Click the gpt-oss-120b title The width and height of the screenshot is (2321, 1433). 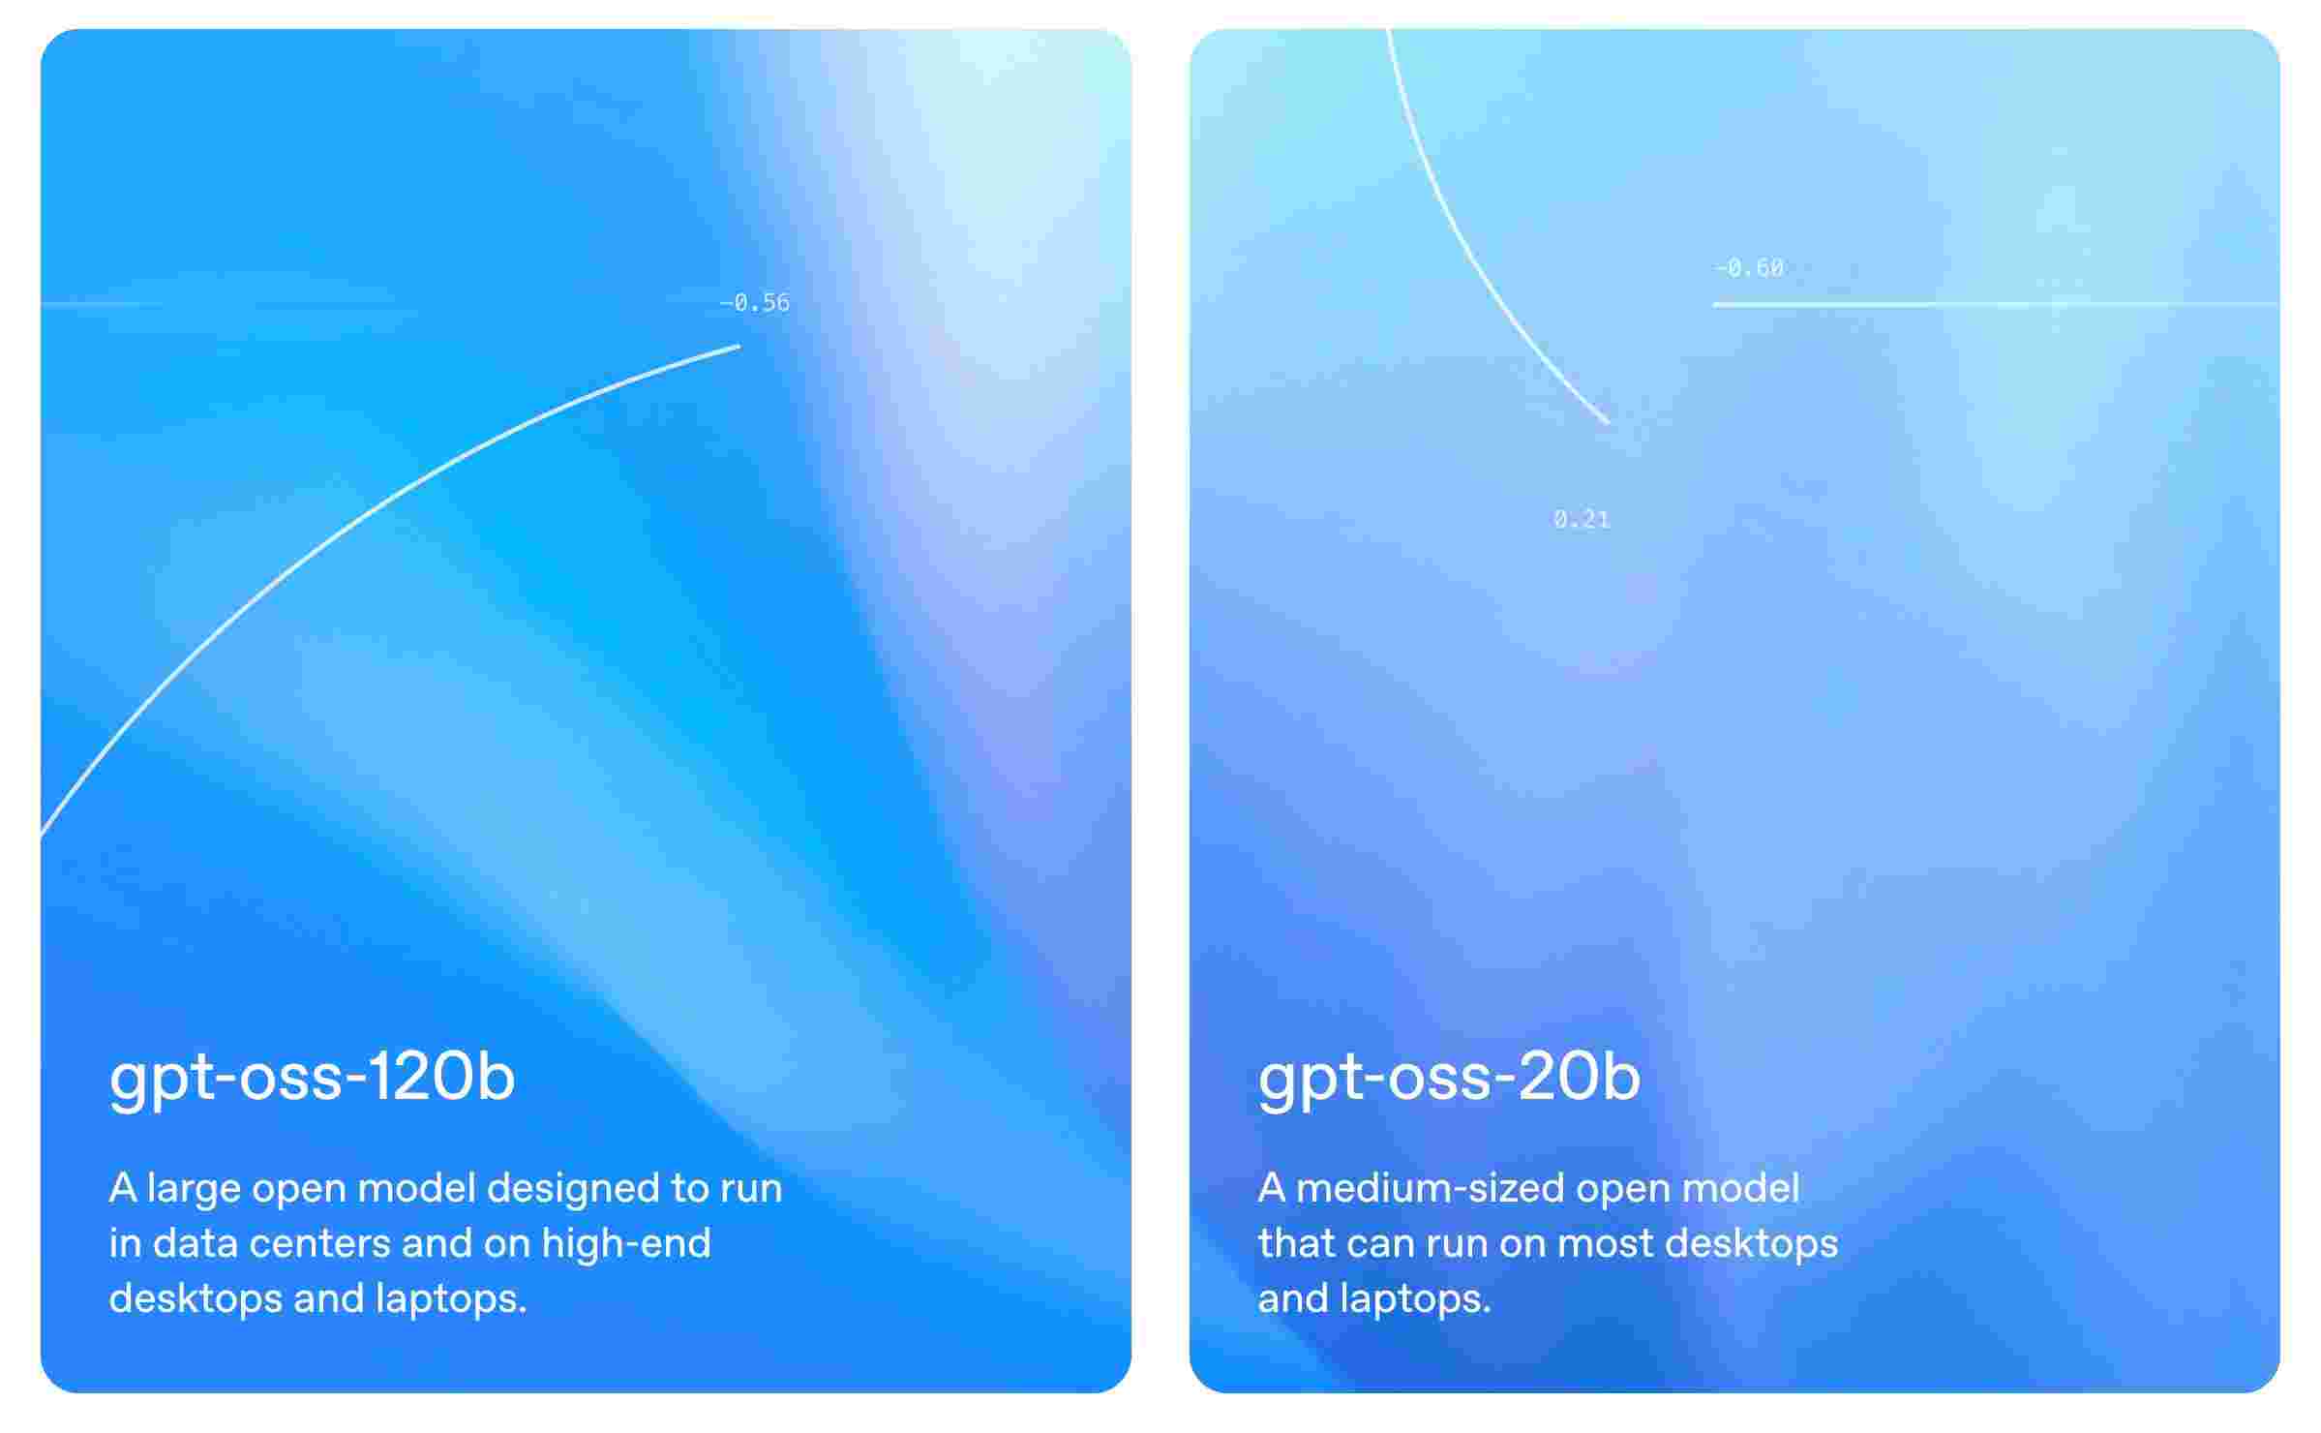312,1078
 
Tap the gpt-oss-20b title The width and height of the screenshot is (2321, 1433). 1449,1078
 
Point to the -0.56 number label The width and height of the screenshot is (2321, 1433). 754,303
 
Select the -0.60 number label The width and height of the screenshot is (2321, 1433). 1749,268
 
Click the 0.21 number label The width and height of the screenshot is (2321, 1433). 1582,520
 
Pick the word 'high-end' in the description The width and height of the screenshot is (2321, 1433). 626,1244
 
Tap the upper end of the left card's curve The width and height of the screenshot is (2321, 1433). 739,346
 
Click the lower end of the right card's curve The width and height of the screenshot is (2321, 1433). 1609,423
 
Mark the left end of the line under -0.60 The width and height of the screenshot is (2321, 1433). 1714,305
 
